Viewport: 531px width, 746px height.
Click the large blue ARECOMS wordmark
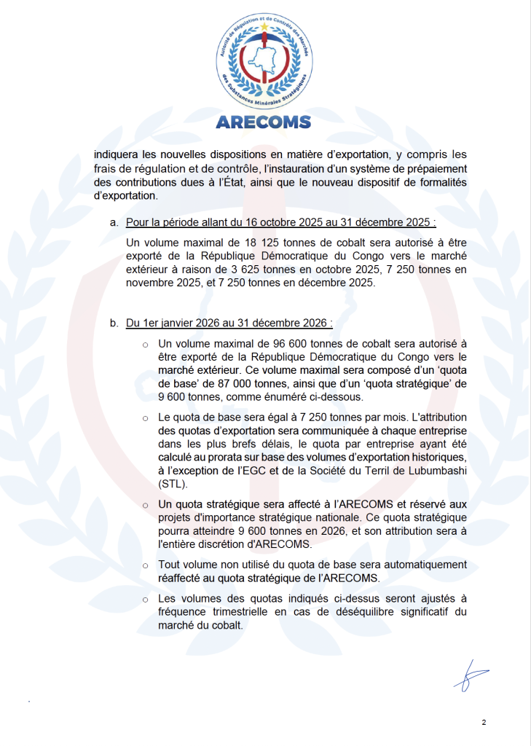(x=264, y=122)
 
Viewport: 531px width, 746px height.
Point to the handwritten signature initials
(x=468, y=674)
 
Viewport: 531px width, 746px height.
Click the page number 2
(x=484, y=722)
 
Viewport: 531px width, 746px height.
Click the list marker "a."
(x=114, y=221)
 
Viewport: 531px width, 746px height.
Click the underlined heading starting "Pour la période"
(x=281, y=221)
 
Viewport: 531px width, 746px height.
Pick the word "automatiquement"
(x=424, y=565)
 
